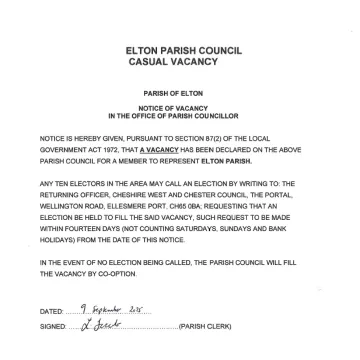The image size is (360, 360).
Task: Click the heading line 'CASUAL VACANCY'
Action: tap(179, 61)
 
